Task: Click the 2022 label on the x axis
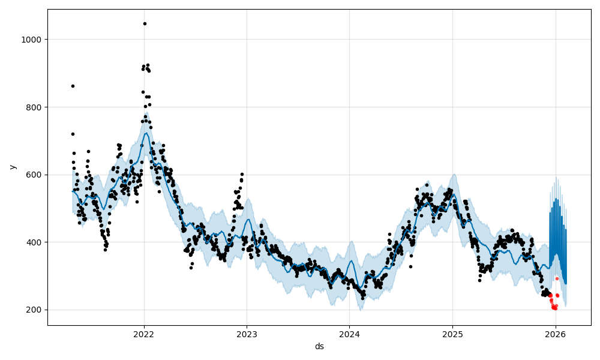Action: pyautogui.click(x=144, y=334)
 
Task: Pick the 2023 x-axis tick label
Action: pyautogui.click(x=247, y=334)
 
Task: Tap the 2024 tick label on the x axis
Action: pyautogui.click(x=350, y=334)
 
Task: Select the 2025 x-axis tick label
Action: pyautogui.click(x=452, y=334)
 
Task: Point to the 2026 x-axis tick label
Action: pyautogui.click(x=556, y=334)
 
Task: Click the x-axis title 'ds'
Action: pyautogui.click(x=319, y=347)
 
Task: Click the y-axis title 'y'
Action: pyautogui.click(x=13, y=167)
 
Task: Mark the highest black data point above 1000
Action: pyautogui.click(x=145, y=23)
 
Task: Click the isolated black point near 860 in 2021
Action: pyautogui.click(x=73, y=86)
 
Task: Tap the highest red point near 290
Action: pyautogui.click(x=557, y=278)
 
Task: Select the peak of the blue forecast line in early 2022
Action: pyautogui.click(x=146, y=133)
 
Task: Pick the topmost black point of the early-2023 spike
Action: pyautogui.click(x=242, y=174)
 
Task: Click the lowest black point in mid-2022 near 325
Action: pyautogui.click(x=191, y=268)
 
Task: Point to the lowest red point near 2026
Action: pyautogui.click(x=555, y=309)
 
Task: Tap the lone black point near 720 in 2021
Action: pyautogui.click(x=73, y=134)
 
